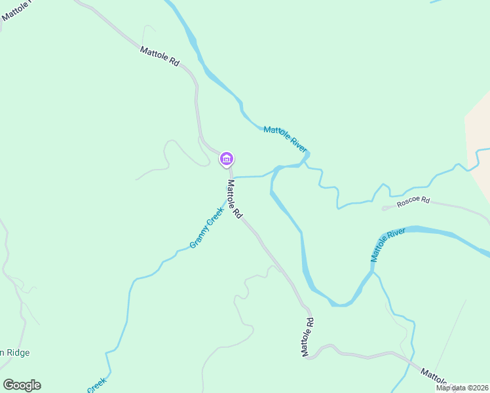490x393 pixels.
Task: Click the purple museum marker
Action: click(x=227, y=159)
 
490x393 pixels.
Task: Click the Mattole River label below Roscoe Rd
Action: click(x=388, y=244)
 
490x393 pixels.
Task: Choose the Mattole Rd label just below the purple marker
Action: click(x=235, y=199)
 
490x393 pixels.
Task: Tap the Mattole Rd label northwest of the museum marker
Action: click(x=159, y=55)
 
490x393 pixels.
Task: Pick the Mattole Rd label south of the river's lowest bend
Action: click(x=308, y=337)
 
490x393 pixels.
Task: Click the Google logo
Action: click(x=22, y=385)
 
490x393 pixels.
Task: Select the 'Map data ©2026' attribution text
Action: click(x=462, y=388)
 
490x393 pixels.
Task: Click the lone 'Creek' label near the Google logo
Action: click(x=96, y=384)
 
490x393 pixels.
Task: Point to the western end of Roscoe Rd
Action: click(x=384, y=208)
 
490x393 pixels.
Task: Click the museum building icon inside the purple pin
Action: click(x=227, y=158)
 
